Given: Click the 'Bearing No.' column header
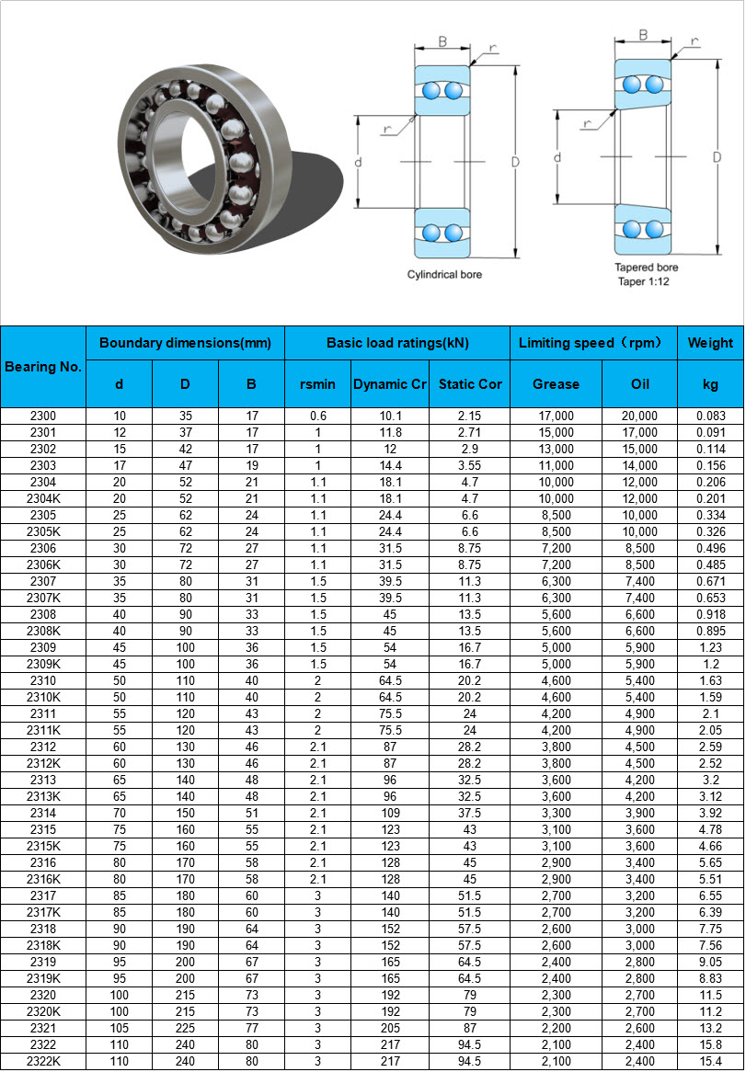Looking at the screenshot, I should coord(43,367).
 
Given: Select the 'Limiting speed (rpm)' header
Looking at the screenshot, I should coord(592,343).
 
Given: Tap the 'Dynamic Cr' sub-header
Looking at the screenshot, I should coord(390,384).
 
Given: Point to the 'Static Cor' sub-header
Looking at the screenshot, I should coord(470,384).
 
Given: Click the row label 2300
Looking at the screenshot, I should coord(43,416).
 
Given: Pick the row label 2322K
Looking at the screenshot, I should coord(43,1061).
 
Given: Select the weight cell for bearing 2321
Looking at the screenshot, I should coord(710,1028).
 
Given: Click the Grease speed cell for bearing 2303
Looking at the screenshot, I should coord(556,465).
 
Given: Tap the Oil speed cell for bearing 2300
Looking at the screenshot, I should coord(639,416).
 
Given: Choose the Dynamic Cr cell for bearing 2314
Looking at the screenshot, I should coord(390,813).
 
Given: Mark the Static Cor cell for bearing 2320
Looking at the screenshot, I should coord(470,995).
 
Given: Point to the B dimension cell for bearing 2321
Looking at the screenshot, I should coord(251,1028).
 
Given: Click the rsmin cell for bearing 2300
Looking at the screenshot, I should coord(317,416).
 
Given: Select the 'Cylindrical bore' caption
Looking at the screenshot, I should coord(444,275).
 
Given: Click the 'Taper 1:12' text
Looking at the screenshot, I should coord(643,281).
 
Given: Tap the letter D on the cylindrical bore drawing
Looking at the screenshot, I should coord(515,163).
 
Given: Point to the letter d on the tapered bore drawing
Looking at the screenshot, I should coord(557,158).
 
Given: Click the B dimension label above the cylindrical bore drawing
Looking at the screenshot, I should coord(442,41).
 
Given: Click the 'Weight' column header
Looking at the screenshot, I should coord(710,343).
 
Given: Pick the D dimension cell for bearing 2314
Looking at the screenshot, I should coord(185,813).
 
